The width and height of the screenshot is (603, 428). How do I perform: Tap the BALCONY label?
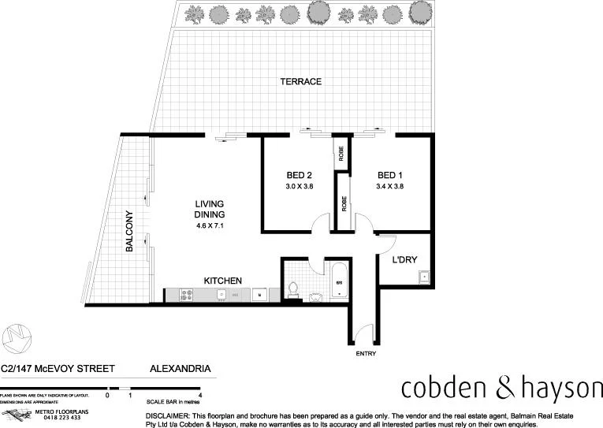point(128,232)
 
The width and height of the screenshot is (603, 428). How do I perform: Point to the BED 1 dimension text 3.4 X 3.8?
point(390,187)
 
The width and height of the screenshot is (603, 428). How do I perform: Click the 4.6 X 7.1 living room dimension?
point(210,226)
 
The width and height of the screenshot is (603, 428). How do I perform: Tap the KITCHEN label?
point(222,281)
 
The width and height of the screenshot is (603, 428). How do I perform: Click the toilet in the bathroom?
point(293,289)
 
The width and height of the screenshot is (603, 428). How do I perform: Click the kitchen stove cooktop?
point(188,295)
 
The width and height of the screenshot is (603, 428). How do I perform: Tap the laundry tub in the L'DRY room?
point(423,276)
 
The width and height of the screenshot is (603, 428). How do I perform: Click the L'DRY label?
point(404,260)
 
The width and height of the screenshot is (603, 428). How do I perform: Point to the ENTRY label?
point(366,354)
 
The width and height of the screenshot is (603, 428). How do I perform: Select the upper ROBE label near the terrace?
point(341,154)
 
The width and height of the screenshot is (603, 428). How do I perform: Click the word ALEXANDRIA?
point(180,368)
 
